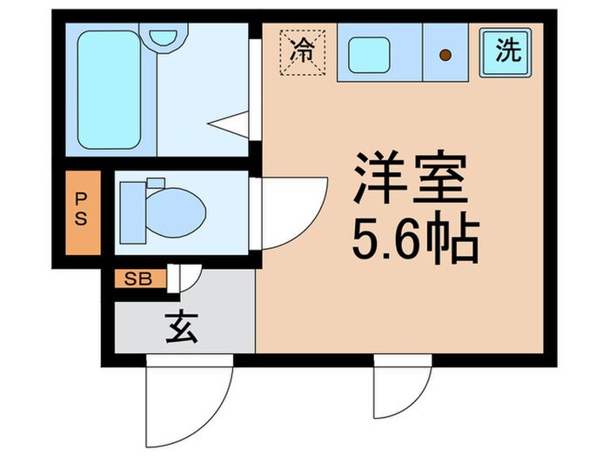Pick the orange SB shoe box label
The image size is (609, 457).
tap(137, 279)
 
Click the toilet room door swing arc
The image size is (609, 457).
tap(291, 212)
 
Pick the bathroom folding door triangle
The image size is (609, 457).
tap(231, 124)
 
